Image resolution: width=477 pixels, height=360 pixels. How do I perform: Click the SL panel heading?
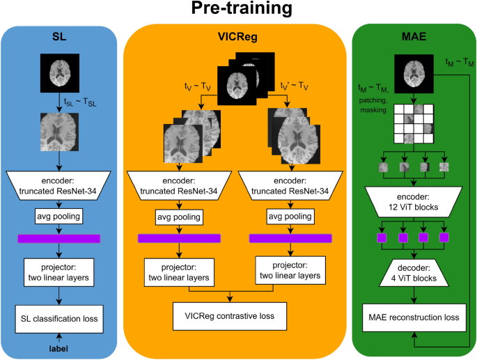[x=61, y=39]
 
